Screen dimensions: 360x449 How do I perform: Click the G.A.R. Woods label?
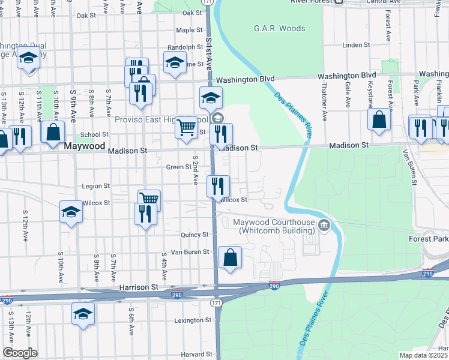coord(279,28)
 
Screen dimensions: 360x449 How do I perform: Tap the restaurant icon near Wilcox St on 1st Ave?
coord(217,185)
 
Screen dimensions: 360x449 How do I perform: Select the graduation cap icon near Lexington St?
coord(83,314)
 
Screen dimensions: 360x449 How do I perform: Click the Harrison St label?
coord(138,288)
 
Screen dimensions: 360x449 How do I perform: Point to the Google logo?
coord(20,353)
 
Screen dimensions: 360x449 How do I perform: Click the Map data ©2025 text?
coord(424,355)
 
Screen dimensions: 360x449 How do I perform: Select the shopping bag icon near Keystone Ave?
coord(380,119)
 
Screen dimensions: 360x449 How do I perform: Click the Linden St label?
coord(356,45)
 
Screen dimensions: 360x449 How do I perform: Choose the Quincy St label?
coord(196,235)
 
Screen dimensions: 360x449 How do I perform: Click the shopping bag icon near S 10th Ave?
coord(53,131)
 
